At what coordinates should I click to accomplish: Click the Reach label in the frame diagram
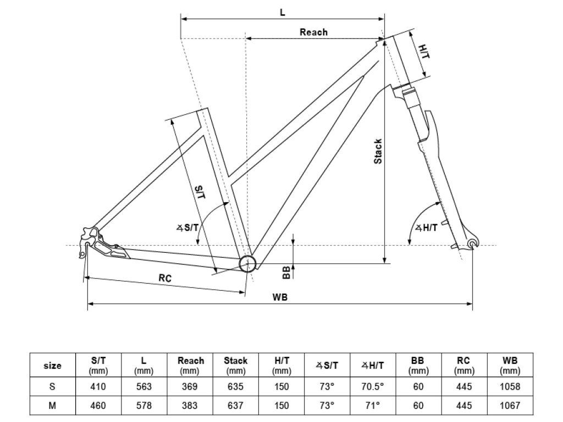pos(313,32)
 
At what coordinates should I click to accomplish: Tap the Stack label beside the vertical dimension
pos(378,152)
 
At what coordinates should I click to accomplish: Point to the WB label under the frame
pos(280,297)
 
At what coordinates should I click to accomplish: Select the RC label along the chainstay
pos(165,277)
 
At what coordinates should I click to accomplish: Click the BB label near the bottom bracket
pos(286,273)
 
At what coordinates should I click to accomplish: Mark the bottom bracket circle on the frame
pos(248,264)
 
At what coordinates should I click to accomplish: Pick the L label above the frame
pos(283,13)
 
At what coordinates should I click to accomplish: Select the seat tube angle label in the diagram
pos(187,227)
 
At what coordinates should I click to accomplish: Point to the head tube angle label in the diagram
pos(426,227)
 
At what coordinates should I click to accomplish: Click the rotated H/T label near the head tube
pos(424,52)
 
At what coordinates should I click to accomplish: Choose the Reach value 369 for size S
pos(190,386)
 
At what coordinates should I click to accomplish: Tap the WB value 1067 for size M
pos(510,406)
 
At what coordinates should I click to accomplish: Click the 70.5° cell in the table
pos(373,386)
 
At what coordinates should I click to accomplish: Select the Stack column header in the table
pos(235,365)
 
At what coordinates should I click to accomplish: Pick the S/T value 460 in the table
pos(98,406)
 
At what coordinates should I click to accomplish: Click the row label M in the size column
pos(52,406)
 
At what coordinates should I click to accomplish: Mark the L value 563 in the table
pos(143,386)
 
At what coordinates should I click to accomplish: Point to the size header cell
pos(52,365)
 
